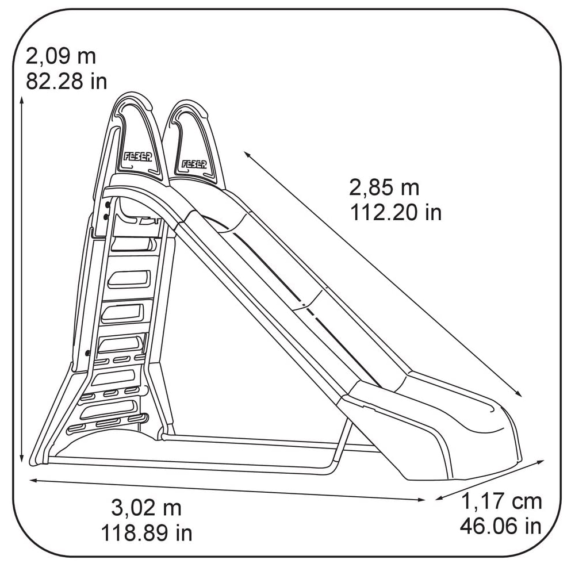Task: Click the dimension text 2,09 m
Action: pyautogui.click(x=61, y=56)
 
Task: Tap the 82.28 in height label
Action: pyautogui.click(x=66, y=81)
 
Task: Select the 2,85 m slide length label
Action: pyautogui.click(x=384, y=187)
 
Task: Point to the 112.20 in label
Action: pyautogui.click(x=396, y=212)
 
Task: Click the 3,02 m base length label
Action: pyautogui.click(x=146, y=508)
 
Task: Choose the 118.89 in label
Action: pyautogui.click(x=147, y=533)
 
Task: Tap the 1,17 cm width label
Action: pyautogui.click(x=501, y=501)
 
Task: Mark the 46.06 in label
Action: pyautogui.click(x=501, y=526)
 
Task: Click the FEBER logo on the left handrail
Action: pyautogui.click(x=137, y=157)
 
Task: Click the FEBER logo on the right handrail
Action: pyautogui.click(x=194, y=164)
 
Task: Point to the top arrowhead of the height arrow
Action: pyautogui.click(x=22, y=99)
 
